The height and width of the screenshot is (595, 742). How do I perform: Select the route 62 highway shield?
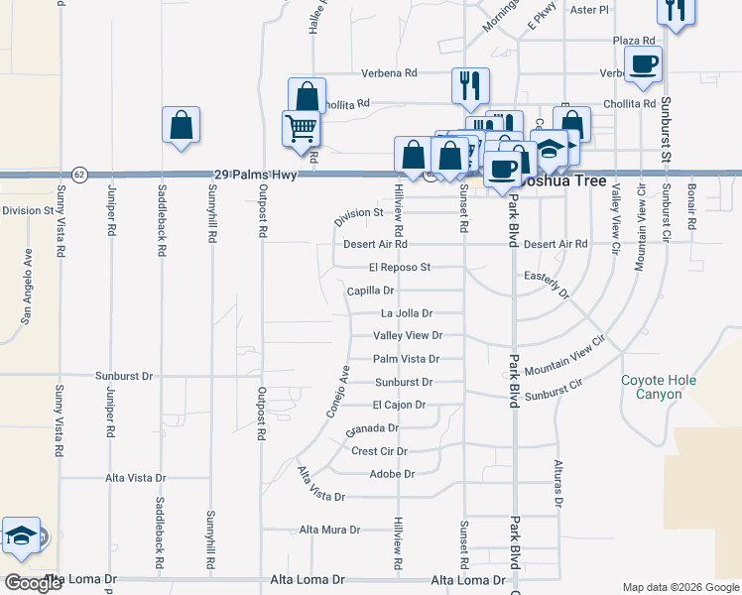[x=79, y=174]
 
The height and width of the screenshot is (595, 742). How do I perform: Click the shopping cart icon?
[x=300, y=128]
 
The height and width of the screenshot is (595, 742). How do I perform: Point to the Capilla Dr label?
[x=371, y=291]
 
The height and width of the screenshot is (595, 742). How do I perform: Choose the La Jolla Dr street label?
[x=400, y=313]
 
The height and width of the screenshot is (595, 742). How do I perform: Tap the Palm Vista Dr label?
[x=406, y=359]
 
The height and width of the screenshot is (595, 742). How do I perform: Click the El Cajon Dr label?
[x=399, y=405]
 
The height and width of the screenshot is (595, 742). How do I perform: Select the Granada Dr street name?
[x=372, y=429]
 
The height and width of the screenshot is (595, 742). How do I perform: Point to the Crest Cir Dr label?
[x=380, y=451]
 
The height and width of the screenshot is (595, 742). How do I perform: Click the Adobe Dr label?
[x=391, y=474]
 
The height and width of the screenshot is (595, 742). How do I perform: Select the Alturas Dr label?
[x=558, y=484]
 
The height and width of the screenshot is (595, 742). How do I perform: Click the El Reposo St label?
[x=399, y=267]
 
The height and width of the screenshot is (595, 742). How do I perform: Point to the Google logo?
[x=33, y=583]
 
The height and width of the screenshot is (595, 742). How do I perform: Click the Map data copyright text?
[x=680, y=587]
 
